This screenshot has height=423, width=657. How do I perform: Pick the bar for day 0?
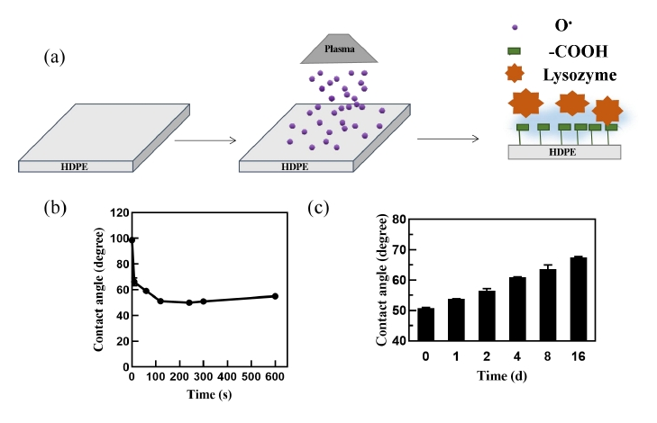(x=426, y=324)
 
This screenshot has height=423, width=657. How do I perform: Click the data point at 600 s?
(x=275, y=296)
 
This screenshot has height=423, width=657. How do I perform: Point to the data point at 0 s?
(x=132, y=239)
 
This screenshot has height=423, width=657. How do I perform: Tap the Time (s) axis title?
(x=204, y=395)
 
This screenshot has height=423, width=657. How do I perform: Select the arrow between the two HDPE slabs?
(x=204, y=139)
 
